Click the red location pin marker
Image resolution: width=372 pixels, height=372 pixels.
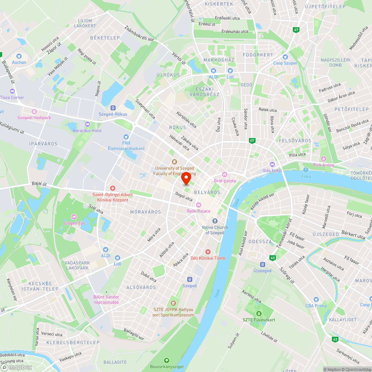(186, 178)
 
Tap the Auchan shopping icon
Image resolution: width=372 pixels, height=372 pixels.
(19, 55)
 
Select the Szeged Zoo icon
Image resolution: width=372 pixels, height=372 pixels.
(74, 217)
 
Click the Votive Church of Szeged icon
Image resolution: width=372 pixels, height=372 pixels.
(215, 221)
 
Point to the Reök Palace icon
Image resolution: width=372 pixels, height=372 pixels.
(199, 205)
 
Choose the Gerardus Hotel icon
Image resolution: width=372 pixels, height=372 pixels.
(87, 124)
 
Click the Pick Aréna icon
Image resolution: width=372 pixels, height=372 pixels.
(323, 159)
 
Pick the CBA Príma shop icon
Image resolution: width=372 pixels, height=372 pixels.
(316, 299)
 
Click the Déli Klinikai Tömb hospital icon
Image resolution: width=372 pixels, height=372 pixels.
(208, 252)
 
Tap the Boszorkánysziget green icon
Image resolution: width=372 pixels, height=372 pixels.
(166, 360)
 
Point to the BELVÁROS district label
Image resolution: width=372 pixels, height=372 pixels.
(207, 192)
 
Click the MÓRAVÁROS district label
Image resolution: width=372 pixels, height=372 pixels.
(145, 212)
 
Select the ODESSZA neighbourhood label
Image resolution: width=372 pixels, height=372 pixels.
(260, 241)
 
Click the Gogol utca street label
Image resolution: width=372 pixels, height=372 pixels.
(184, 196)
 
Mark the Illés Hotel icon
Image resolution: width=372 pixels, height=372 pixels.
(272, 164)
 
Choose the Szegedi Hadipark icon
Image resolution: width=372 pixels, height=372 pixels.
(34, 112)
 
